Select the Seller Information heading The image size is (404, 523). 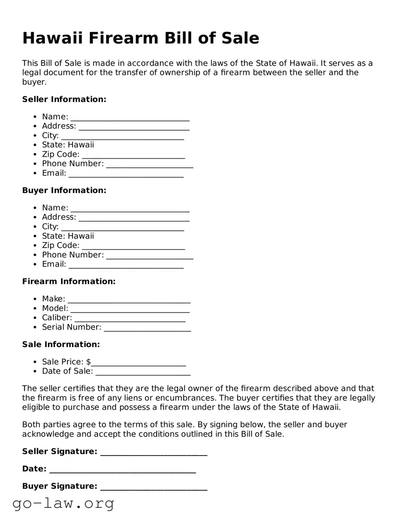coord(64,99)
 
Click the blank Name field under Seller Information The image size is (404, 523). coord(130,117)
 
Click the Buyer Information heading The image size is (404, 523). coord(64,190)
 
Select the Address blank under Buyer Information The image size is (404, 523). coord(134,217)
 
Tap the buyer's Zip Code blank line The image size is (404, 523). coord(133,246)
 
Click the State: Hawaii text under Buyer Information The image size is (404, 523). coord(68,236)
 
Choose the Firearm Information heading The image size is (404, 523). coord(69,282)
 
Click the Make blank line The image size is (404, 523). coord(129,299)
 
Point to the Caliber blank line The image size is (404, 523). coord(130,318)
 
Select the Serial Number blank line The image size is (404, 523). coord(147,328)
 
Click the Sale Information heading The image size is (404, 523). coord(61,344)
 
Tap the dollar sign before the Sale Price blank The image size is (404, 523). coord(89,362)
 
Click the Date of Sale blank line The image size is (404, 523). coord(143,371)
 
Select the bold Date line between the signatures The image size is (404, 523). coord(122,469)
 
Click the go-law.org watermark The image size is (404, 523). coord(63,503)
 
